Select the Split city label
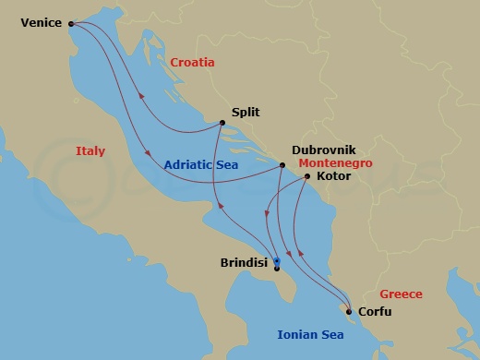pyautogui.click(x=246, y=113)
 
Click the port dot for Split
pyautogui.click(x=222, y=123)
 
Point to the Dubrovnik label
pyautogui.click(x=323, y=149)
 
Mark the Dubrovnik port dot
pyautogui.click(x=282, y=165)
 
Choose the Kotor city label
pyautogui.click(x=331, y=174)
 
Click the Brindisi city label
pyautogui.click(x=245, y=262)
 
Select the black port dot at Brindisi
pyautogui.click(x=277, y=269)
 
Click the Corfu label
pyautogui.click(x=374, y=312)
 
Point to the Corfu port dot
pyautogui.click(x=347, y=311)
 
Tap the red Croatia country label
pyautogui.click(x=192, y=63)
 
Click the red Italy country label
pyautogui.click(x=90, y=151)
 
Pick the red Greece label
pyautogui.click(x=401, y=294)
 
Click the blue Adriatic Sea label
pyautogui.click(x=201, y=165)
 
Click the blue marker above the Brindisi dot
pyautogui.click(x=277, y=261)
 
